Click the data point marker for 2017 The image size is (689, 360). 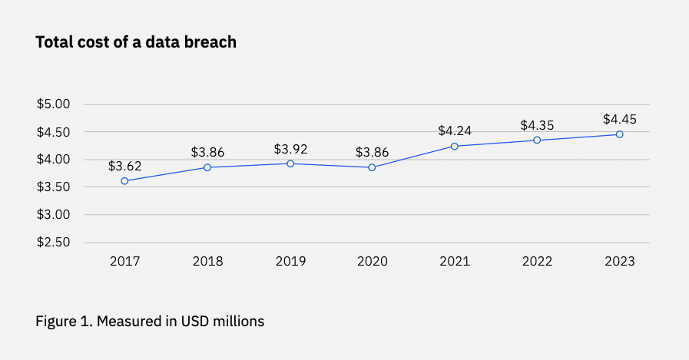124,181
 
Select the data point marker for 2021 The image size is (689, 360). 455,146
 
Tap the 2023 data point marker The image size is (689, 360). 620,134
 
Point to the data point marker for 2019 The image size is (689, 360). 290,163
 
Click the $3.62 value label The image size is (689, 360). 124,165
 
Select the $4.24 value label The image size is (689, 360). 455,130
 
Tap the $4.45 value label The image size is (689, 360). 620,119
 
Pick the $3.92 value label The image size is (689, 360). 290,147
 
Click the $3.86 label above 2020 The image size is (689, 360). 373,152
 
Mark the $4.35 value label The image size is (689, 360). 537,124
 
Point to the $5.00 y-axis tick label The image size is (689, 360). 54,104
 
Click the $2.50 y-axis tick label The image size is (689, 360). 54,243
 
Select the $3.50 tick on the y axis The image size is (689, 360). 54,187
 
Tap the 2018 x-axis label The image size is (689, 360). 207,262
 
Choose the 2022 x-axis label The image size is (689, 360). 537,262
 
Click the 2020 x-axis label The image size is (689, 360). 373,262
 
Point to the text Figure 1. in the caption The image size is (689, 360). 61,322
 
